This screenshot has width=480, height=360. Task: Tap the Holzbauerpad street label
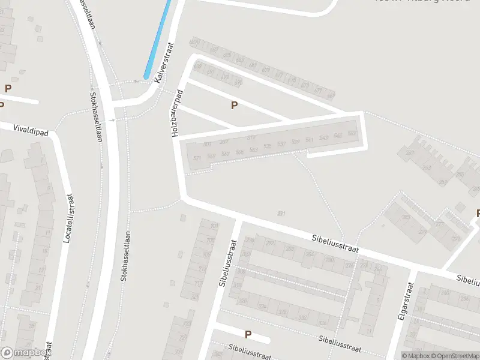pyautogui.click(x=178, y=114)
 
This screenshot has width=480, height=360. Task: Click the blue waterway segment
pyautogui.click(x=158, y=39)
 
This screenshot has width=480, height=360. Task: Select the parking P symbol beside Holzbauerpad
pyautogui.click(x=234, y=106)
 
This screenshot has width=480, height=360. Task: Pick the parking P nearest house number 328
pyautogui.click(x=248, y=334)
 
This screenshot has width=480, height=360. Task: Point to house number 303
pyautogui.click(x=208, y=145)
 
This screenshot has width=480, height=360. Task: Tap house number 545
pyautogui.click(x=338, y=136)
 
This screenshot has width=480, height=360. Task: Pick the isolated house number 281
pyautogui.click(x=281, y=213)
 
